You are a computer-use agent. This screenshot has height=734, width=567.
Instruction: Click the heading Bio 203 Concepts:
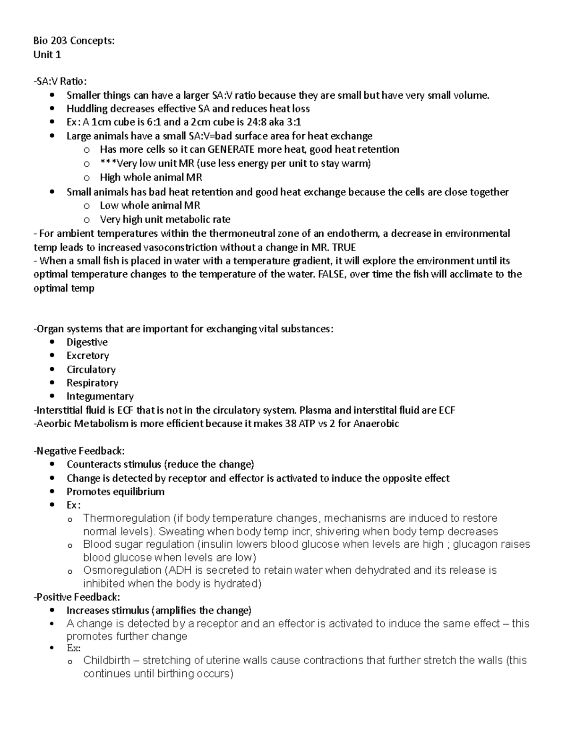(74, 41)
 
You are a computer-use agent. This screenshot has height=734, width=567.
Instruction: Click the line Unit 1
(47, 54)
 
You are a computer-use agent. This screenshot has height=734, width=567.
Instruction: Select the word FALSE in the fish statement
(331, 275)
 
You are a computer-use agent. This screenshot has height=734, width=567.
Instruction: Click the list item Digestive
(87, 342)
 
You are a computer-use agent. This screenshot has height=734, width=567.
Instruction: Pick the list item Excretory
(87, 356)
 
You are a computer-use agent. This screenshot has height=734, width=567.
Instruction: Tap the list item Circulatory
(91, 370)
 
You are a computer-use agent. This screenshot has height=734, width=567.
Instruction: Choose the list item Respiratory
(92, 383)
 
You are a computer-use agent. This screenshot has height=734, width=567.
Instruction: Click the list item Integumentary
(100, 397)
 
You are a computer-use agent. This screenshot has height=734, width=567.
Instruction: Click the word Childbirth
(106, 661)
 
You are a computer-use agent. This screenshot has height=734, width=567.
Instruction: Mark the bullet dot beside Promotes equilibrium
(52, 492)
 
